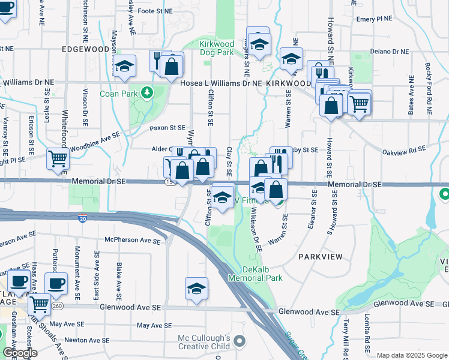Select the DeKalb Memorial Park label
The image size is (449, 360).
tap(255, 274)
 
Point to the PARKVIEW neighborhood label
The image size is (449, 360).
tap(321, 257)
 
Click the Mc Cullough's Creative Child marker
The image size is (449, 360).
tap(240, 341)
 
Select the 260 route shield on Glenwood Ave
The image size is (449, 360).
tap(56, 305)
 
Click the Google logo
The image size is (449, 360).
tap(20, 352)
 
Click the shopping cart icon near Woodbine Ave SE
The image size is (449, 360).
tap(58, 159)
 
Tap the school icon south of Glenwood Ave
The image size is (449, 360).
tap(197, 289)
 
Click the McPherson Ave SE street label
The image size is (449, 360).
tap(132, 241)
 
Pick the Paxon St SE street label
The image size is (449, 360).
tap(167, 128)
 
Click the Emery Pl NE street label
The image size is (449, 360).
tap(373, 19)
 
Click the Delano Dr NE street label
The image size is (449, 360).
tap(390, 52)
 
